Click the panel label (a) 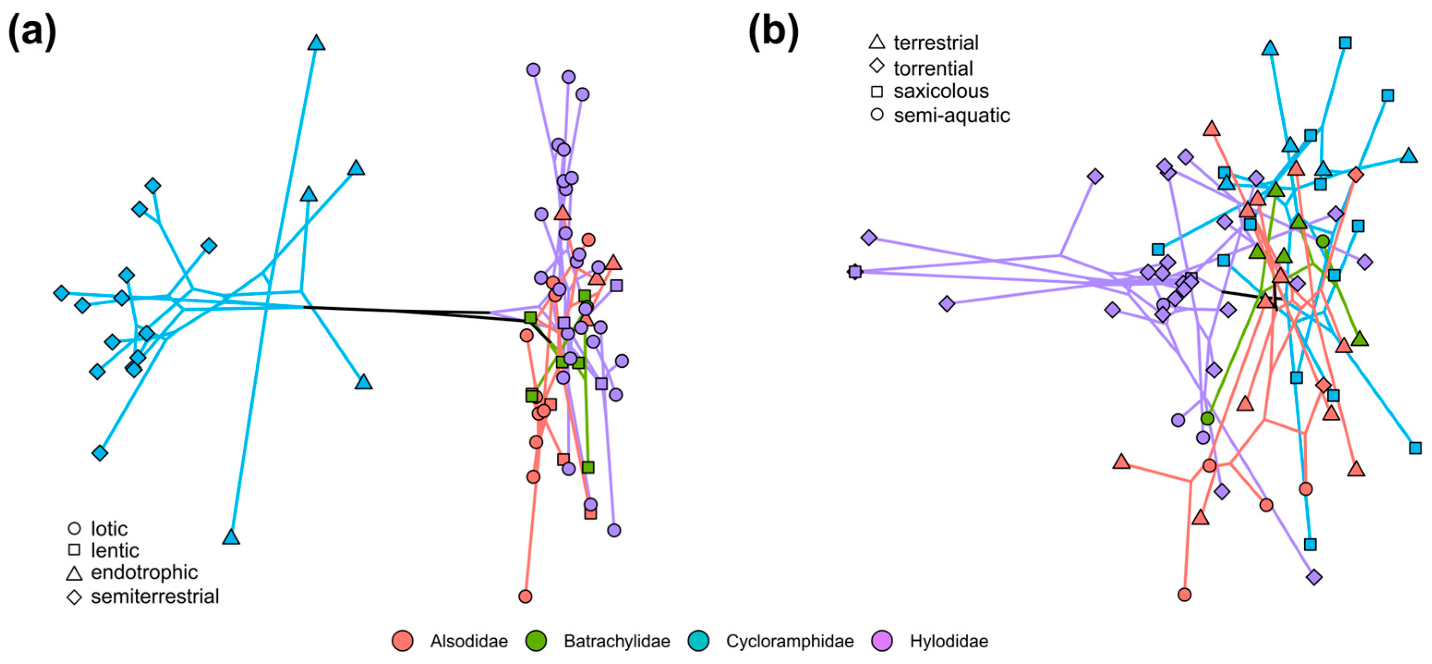tap(32, 32)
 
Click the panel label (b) tap(773, 32)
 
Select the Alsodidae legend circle tap(403, 640)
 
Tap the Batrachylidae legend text tap(616, 641)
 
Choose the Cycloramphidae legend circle tap(698, 640)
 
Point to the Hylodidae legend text tap(948, 641)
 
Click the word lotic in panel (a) tap(109, 528)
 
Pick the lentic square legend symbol tap(74, 550)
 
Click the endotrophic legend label tap(144, 572)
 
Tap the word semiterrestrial tap(155, 597)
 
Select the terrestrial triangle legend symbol tap(877, 42)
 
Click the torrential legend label tap(933, 68)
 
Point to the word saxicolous tap(941, 91)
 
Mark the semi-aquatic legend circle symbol tap(877, 115)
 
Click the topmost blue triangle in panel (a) tap(316, 43)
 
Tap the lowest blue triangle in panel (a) tap(231, 537)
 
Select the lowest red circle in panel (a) tap(525, 597)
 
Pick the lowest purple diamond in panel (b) tap(1314, 577)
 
